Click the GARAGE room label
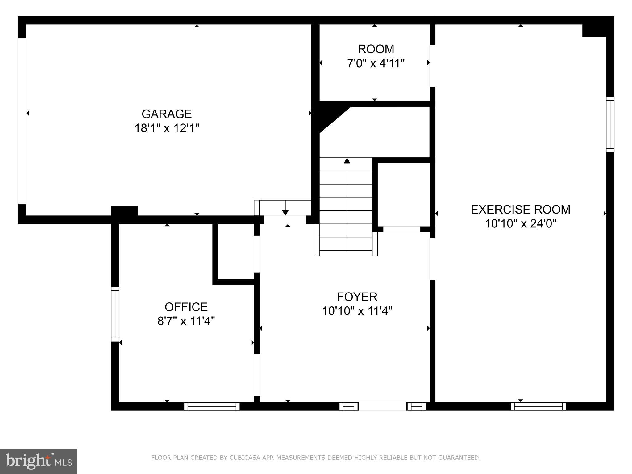[167, 114]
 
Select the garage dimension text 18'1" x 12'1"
[167, 128]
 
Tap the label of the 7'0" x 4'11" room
[376, 49]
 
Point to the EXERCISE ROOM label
[520, 210]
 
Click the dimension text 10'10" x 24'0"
[520, 224]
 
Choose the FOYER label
[357, 297]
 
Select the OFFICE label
[186, 307]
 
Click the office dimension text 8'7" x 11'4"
[186, 321]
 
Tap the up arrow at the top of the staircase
[347, 161]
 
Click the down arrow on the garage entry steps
[285, 212]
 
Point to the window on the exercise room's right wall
[610, 124]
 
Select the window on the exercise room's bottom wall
[538, 406]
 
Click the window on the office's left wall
[115, 314]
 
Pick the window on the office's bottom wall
[212, 406]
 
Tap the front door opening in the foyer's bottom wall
[382, 406]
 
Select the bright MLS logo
[39, 461]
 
